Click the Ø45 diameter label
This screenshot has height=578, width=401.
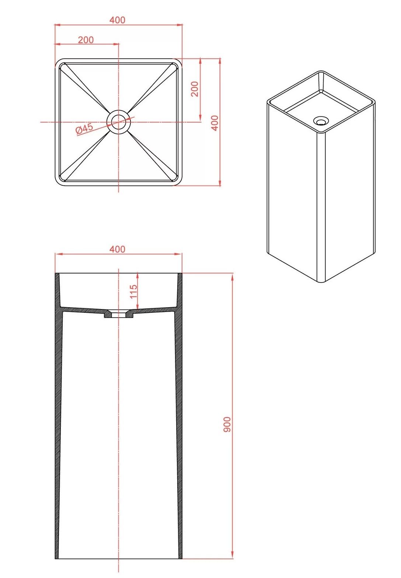[84, 128]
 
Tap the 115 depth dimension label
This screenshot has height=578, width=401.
[133, 291]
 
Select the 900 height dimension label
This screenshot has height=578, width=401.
[227, 424]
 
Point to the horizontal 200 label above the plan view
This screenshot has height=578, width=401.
[86, 40]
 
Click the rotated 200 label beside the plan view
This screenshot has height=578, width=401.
[195, 89]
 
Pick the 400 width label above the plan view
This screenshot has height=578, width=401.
[118, 20]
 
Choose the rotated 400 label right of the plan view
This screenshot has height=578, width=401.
[215, 123]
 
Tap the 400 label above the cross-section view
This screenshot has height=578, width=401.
[118, 249]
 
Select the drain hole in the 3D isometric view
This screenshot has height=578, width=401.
[321, 120]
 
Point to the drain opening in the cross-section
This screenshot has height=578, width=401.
[119, 314]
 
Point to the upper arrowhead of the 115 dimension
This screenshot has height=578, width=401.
[137, 275]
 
